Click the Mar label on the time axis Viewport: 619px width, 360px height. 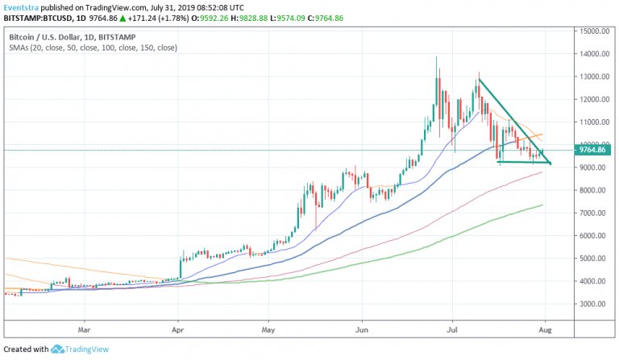click(84, 329)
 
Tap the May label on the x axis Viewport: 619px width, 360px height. click(269, 329)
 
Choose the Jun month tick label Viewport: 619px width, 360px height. click(362, 329)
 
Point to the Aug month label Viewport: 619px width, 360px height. click(545, 329)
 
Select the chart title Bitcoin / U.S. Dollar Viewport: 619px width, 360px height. click(51, 37)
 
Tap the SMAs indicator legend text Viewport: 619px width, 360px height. click(93, 48)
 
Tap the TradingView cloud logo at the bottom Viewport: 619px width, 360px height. click(58, 350)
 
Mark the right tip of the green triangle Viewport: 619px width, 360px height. click(551, 163)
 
